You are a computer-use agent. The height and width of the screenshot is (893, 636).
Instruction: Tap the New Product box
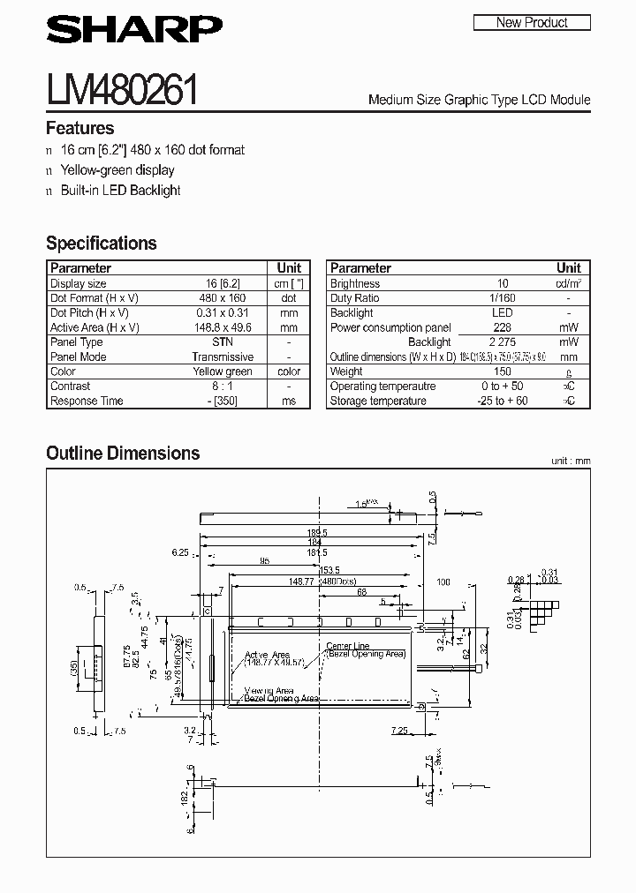coord(532,22)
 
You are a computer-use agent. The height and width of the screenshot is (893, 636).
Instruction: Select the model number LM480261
coord(122,92)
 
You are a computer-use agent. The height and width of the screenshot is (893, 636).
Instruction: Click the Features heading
coord(79,128)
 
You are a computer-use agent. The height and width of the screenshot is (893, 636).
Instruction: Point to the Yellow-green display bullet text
coord(117,169)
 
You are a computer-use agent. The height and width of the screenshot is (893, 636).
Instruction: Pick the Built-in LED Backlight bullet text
coord(120,190)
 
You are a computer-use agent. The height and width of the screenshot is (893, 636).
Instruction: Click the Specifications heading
coord(101,243)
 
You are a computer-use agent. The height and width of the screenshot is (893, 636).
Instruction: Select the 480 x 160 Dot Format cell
coord(223,298)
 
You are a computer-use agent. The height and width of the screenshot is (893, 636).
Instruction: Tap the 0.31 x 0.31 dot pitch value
coord(223,312)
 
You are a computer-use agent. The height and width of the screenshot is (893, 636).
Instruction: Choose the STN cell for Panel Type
coord(223,342)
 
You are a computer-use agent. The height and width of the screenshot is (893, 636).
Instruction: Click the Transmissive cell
coord(223,356)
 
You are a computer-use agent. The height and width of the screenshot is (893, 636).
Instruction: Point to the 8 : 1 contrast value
coord(223,386)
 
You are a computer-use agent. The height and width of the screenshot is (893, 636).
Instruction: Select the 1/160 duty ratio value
coord(503,298)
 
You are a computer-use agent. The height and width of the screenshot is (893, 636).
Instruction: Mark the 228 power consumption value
coord(503,327)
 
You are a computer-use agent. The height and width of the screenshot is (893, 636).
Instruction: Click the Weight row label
coord(346,371)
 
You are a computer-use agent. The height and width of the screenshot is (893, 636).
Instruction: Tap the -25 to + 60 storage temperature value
coord(503,401)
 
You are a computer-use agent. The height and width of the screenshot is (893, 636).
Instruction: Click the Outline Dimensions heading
coord(123,453)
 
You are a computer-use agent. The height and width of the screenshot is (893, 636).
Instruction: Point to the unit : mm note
coord(570,461)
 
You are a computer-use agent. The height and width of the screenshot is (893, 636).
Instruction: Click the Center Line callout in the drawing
coord(348,646)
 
